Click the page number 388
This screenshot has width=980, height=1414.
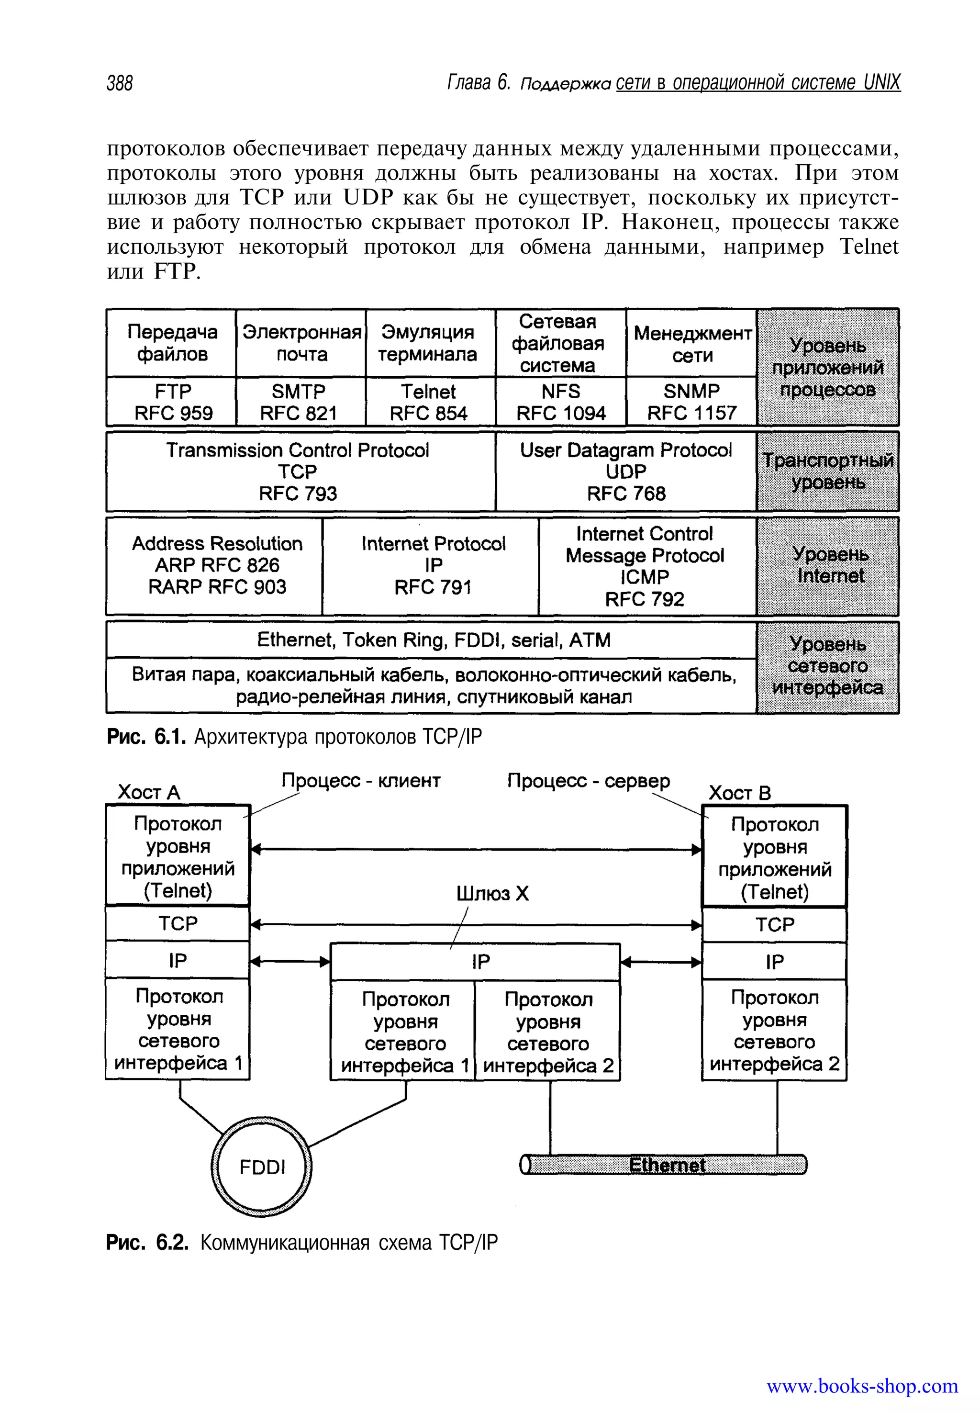point(120,83)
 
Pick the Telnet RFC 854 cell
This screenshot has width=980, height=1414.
point(430,402)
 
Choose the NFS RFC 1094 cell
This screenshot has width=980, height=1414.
point(561,402)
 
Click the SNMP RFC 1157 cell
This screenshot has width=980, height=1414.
point(691,402)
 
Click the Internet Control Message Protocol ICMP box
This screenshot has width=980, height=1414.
point(646,566)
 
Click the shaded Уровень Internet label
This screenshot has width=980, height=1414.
point(828,566)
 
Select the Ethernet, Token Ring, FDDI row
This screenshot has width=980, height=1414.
point(431,640)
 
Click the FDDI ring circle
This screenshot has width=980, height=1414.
point(262,1167)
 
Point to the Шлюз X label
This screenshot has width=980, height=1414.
point(492,893)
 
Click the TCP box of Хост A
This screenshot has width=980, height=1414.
point(178,923)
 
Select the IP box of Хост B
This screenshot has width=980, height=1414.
point(774,961)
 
